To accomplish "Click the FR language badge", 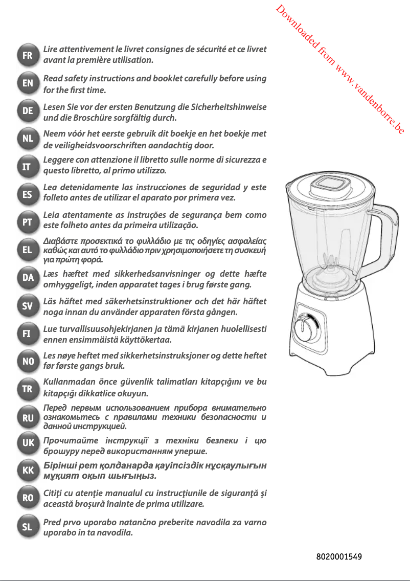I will pos(28,55).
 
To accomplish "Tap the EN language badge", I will pos(28,83).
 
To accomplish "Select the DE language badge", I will pos(28,110).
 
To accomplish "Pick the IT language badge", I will pos(28,166).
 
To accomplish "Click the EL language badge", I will pos(28,250).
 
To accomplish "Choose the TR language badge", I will pos(28,389).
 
